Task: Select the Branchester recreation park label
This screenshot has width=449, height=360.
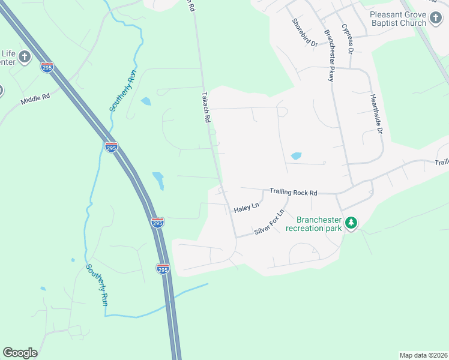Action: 314,224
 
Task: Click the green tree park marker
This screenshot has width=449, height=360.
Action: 351,224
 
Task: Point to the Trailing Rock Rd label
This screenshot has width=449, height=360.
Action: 293,192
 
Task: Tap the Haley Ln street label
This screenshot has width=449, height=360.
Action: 246,208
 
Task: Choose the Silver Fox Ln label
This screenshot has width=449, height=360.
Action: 268,223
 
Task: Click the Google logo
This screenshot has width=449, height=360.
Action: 20,353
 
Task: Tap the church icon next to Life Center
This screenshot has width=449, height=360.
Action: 24,57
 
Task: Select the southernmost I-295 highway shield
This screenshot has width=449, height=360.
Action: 163,268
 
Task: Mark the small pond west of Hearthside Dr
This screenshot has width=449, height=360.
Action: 295,156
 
